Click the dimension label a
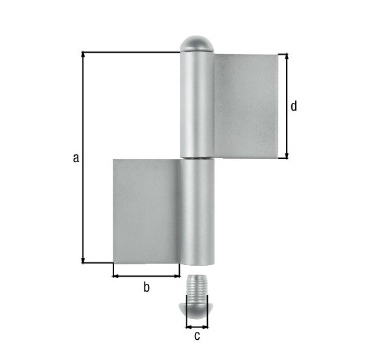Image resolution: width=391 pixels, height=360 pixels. [76, 157]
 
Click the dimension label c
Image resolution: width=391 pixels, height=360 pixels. [197, 336]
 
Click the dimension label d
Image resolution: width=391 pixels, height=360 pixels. [294, 106]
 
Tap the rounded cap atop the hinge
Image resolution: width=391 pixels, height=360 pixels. [197, 44]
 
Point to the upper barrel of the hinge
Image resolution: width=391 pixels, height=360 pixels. [197, 104]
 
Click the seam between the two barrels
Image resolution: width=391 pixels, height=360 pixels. [197, 158]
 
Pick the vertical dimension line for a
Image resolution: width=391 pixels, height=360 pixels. [83, 195]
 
